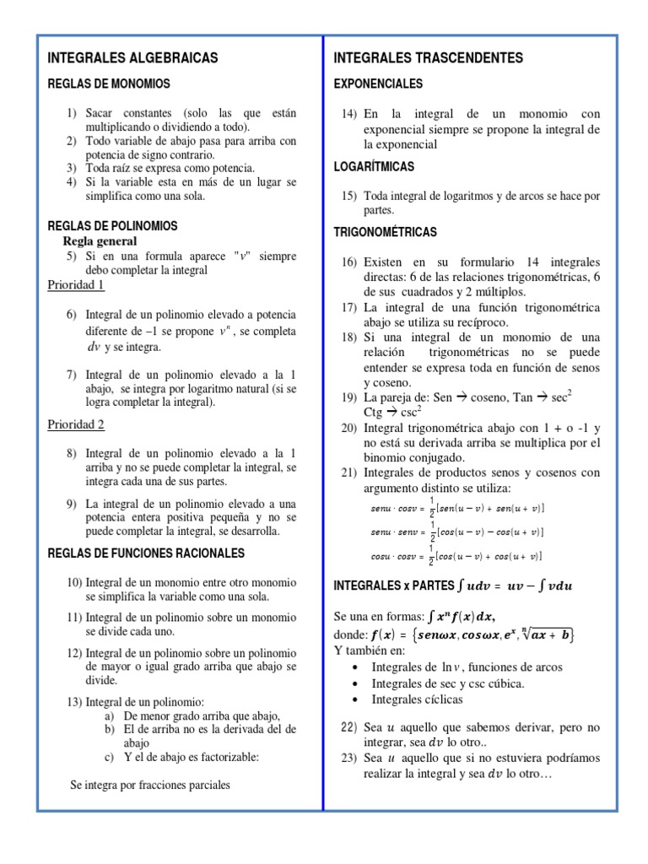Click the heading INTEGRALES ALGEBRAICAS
point(132,58)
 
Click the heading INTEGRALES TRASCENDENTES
point(428,58)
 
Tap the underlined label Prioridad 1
point(76,285)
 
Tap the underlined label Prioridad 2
point(76,424)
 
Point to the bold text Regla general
point(102,240)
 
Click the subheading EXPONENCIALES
point(379,84)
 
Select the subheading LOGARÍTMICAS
point(375,167)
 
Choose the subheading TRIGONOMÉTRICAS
point(386,231)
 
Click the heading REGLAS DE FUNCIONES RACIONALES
point(146,553)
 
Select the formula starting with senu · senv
point(456,532)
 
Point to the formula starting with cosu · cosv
point(456,556)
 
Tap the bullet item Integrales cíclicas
point(417,699)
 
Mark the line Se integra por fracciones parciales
point(149,785)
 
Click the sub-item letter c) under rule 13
point(110,757)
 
